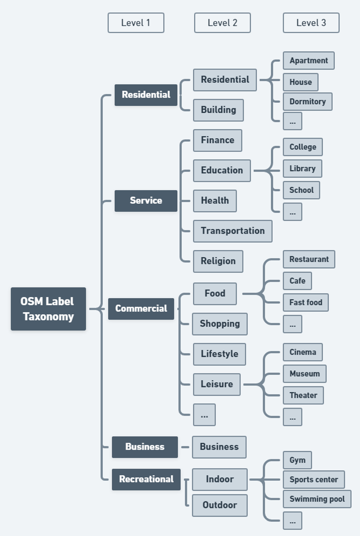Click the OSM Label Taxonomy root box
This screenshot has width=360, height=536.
48,309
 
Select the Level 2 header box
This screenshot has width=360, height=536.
222,23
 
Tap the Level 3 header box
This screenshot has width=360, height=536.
311,23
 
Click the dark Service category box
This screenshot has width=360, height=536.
146,200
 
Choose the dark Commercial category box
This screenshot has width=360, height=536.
141,309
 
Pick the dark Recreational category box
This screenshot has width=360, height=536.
146,479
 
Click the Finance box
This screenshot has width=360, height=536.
218,140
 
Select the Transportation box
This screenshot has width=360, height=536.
232,231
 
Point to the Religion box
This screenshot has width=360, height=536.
218,261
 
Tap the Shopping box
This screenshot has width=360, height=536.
220,324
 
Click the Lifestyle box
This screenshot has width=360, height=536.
219,354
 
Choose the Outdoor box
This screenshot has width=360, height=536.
219,505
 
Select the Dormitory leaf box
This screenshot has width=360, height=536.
307,101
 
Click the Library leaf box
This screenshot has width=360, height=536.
302,168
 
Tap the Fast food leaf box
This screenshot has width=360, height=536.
305,302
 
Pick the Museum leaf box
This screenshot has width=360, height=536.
305,373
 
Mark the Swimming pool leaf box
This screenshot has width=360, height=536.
317,499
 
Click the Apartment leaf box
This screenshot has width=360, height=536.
309,60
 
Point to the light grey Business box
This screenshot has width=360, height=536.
219,447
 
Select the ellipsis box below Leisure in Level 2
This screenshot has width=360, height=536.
204,415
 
